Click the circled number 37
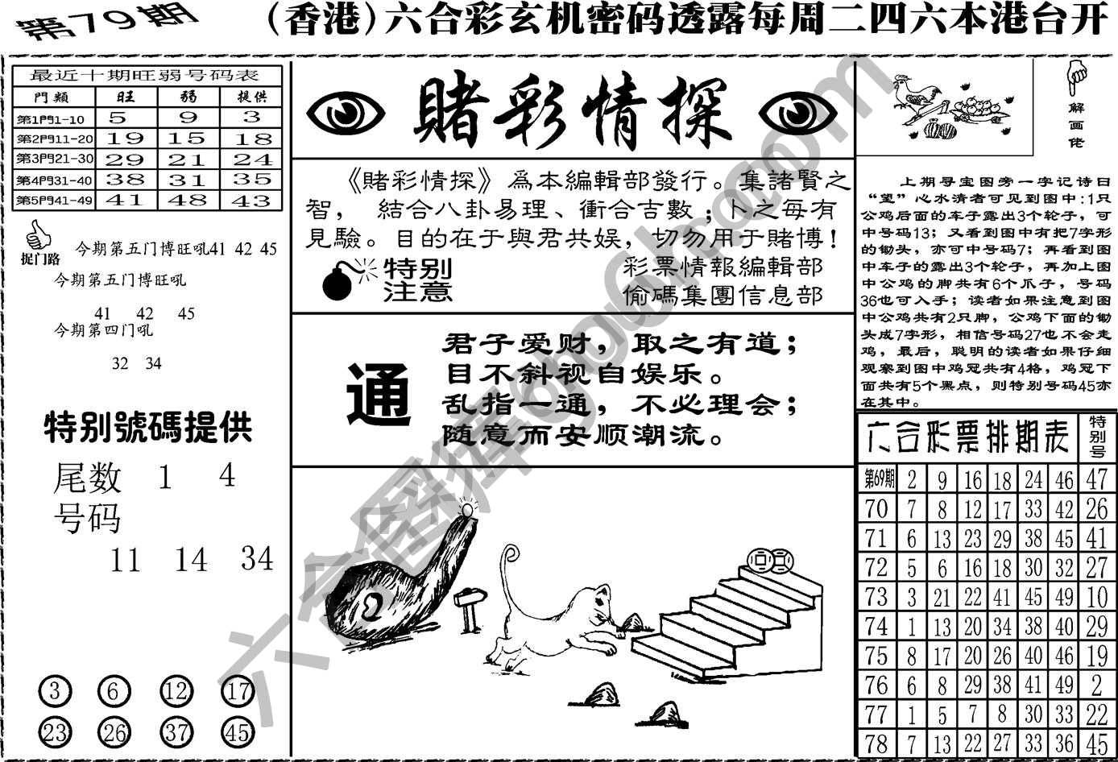[177, 732]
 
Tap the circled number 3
[55, 691]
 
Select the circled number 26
[114, 732]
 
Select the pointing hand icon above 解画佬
[1076, 77]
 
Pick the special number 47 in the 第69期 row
[1096, 479]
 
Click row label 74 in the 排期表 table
[876, 626]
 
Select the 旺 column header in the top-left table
[126, 97]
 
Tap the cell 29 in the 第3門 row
[126, 159]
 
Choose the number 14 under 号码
[191, 559]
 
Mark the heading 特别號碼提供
[148, 428]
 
